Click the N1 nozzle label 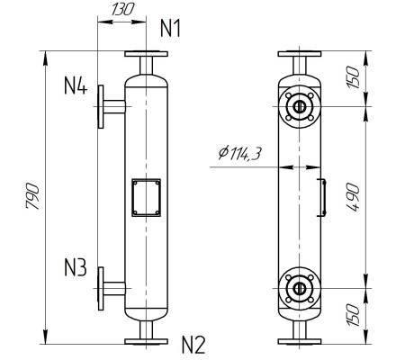171,29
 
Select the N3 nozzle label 75,267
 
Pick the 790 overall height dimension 31,197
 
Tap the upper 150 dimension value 353,79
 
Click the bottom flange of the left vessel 146,340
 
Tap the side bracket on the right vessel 321,198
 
